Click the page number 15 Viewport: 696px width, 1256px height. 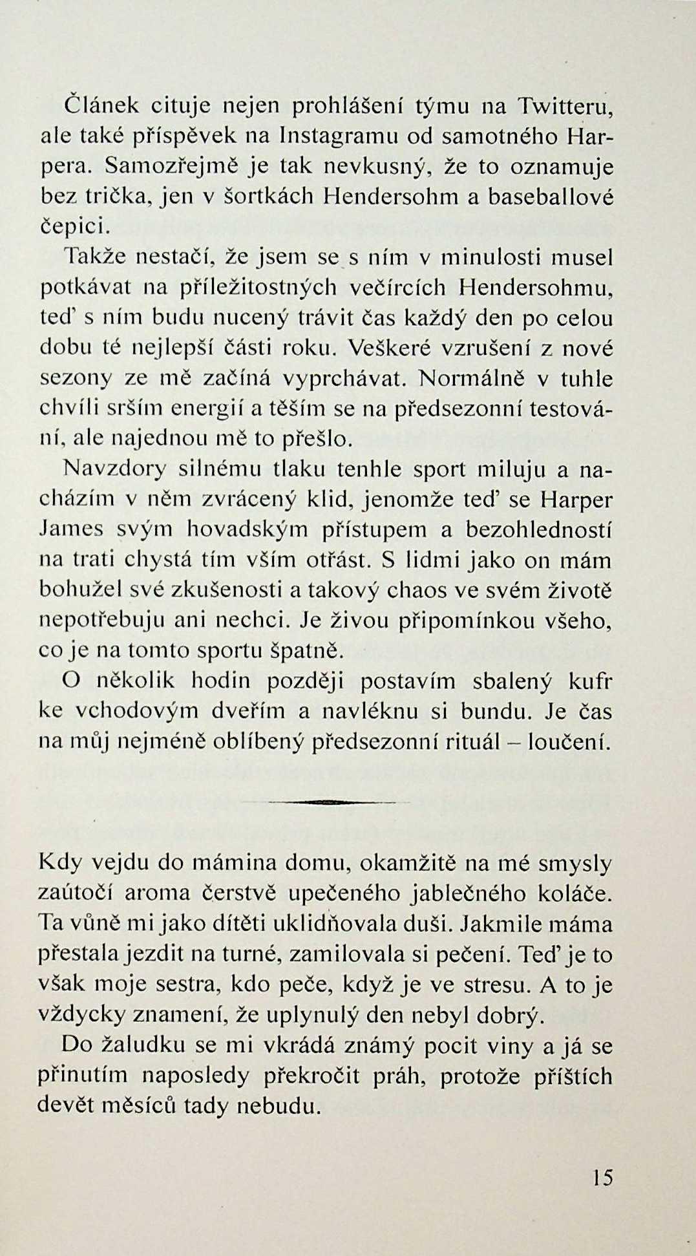(x=601, y=1178)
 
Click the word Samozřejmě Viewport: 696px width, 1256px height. (x=173, y=167)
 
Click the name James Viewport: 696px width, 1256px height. (x=71, y=529)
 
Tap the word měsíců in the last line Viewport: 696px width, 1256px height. (x=133, y=1105)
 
